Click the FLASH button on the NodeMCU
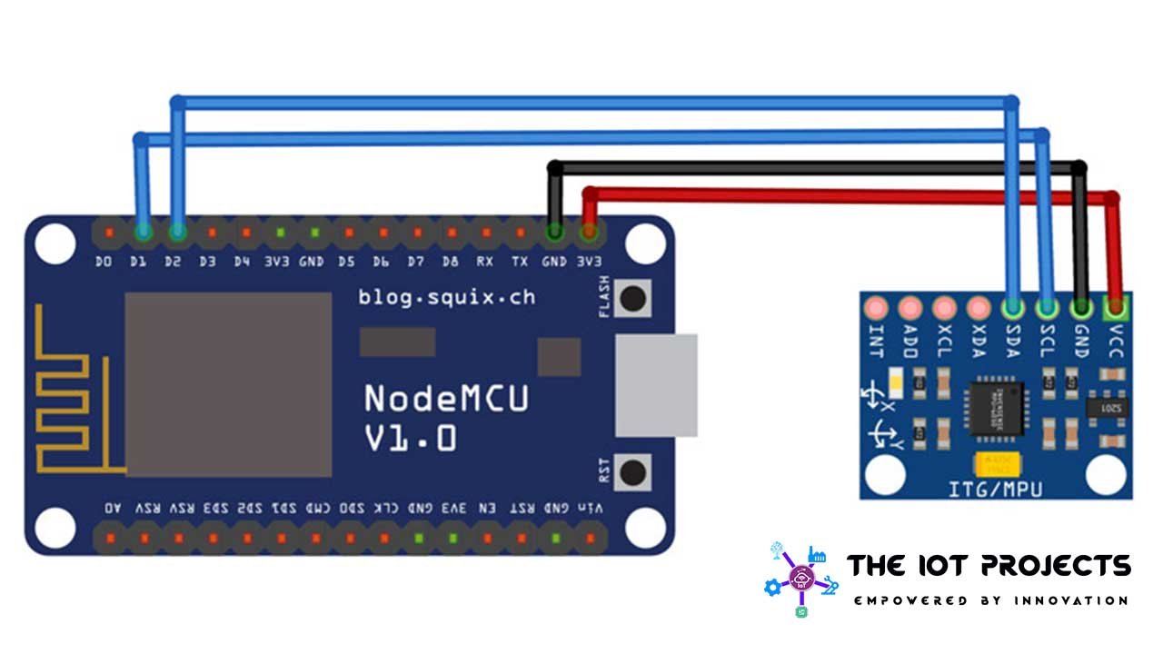coord(632,297)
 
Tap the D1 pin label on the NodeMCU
coord(138,262)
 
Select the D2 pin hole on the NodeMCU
coord(177,233)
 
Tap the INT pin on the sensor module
coord(876,307)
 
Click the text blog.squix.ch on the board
coord(446,297)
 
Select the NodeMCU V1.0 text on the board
coord(445,418)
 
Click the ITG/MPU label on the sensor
coord(996,489)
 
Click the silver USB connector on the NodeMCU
coord(656,385)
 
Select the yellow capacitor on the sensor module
coord(996,464)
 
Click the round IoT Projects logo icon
coord(801,579)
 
